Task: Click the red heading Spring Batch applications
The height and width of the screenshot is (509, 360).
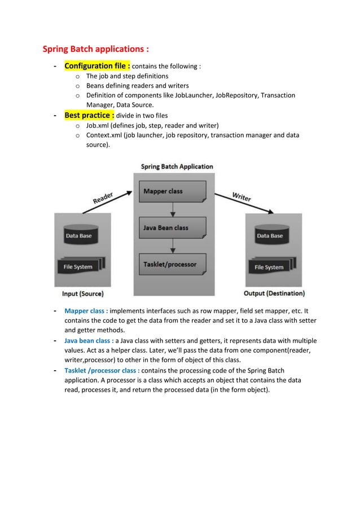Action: [96, 49]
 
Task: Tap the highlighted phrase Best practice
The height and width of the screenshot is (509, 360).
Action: [89, 115]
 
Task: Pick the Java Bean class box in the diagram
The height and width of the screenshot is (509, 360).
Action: [172, 228]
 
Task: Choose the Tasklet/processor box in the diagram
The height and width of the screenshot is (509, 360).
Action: [172, 264]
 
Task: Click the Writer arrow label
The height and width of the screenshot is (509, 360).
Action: [242, 197]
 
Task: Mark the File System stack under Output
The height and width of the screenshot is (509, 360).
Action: [271, 266]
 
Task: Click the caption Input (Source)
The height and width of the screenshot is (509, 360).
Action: [82, 294]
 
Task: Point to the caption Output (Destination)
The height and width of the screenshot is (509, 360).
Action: [274, 293]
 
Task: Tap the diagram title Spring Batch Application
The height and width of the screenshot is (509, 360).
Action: [177, 166]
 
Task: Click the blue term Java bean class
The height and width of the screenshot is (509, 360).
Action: [89, 341]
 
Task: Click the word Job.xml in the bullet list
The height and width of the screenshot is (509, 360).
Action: [99, 125]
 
